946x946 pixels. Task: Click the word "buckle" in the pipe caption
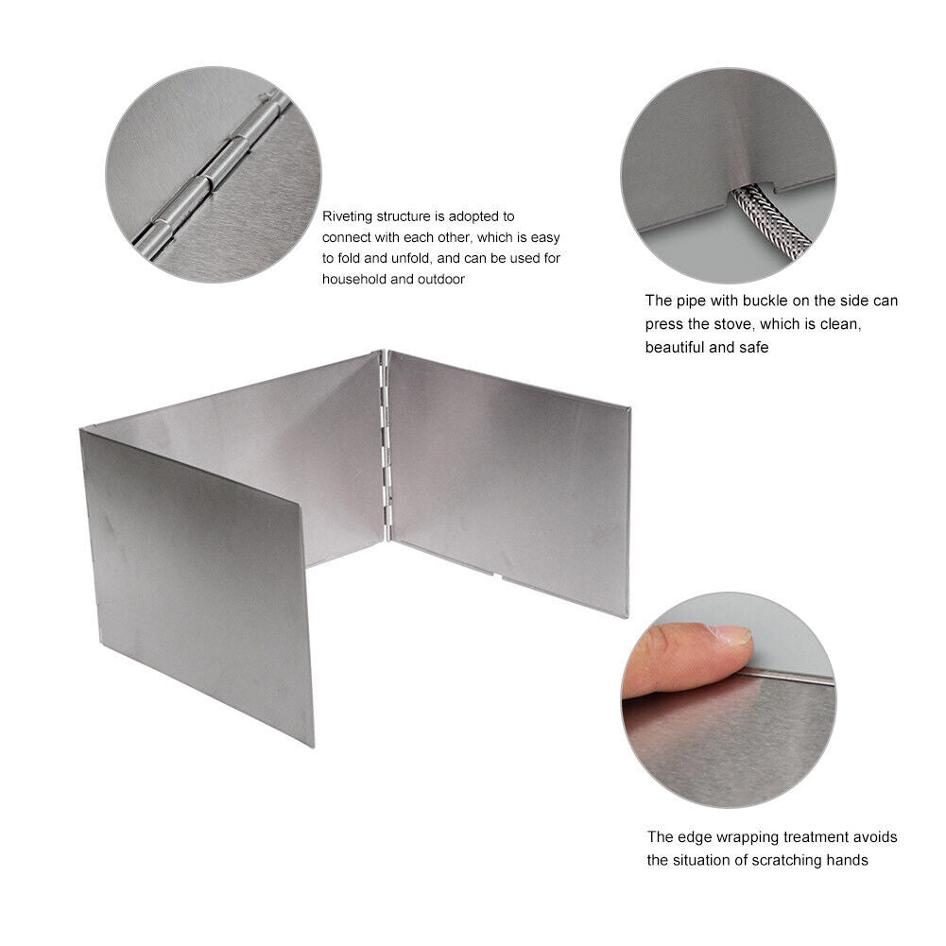tap(766, 301)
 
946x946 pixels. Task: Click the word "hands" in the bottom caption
tap(848, 860)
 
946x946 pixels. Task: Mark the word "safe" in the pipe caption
tap(755, 348)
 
